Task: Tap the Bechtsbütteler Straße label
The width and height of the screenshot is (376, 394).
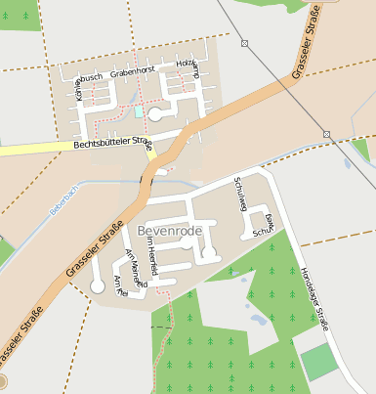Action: click(x=114, y=145)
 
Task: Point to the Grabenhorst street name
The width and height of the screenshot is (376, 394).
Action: click(x=133, y=72)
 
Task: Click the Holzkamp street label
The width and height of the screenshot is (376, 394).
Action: click(x=188, y=67)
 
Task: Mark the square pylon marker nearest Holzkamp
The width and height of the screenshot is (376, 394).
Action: click(x=244, y=43)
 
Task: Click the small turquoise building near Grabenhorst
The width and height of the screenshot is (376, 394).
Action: click(x=139, y=112)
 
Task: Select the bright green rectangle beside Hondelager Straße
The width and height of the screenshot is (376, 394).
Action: click(x=319, y=363)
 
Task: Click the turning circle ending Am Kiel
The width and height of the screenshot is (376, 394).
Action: click(x=96, y=286)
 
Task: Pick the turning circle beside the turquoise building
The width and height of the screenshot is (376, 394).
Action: click(x=154, y=114)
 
